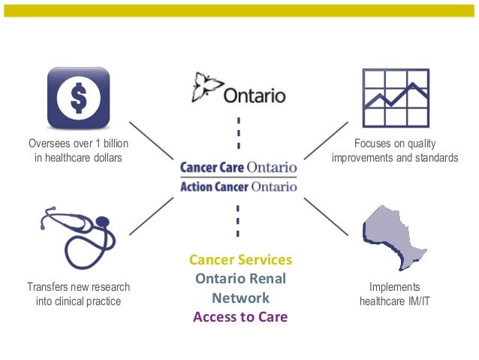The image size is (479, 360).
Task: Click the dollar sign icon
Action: [x=78, y=97]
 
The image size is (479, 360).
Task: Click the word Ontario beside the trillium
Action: [x=255, y=97]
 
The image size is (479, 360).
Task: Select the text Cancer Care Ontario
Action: [x=239, y=167]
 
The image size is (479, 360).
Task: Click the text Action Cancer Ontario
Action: [x=239, y=186]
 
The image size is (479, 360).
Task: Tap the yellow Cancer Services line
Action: [x=240, y=260]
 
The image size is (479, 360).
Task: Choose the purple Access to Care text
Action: [x=240, y=316]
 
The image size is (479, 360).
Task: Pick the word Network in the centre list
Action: [x=240, y=298]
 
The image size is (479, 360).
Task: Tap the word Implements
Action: [x=394, y=288]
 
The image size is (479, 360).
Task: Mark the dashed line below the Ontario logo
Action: [x=239, y=134]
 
